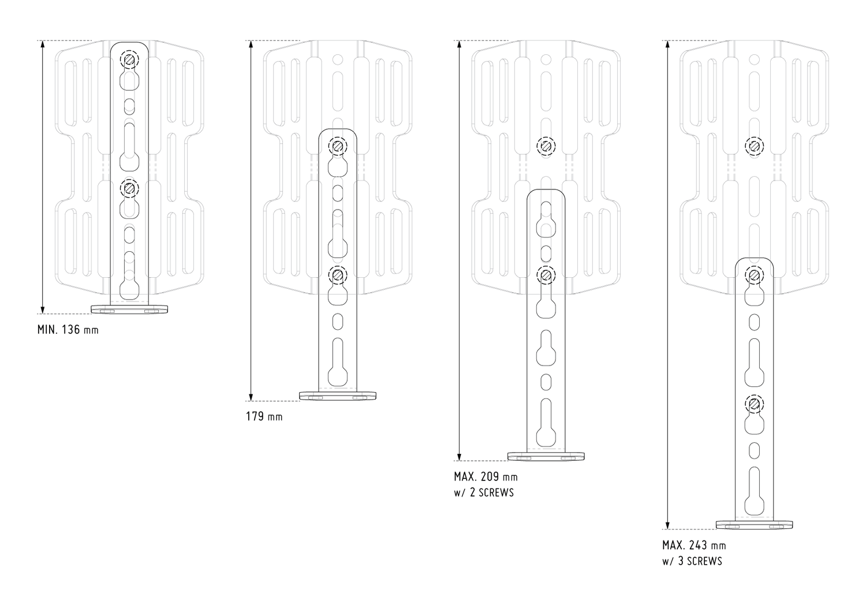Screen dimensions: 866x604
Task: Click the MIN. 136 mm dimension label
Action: pyautogui.click(x=68, y=330)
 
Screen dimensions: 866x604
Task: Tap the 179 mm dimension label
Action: pyautogui.click(x=264, y=416)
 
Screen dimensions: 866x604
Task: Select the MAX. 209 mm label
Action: pyautogui.click(x=486, y=476)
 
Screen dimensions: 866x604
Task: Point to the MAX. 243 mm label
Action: pyautogui.click(x=695, y=545)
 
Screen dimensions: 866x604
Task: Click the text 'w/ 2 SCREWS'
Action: pyautogui.click(x=484, y=493)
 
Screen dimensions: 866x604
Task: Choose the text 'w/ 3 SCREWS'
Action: pyautogui.click(x=692, y=561)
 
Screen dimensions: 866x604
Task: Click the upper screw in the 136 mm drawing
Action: pyautogui.click(x=129, y=59)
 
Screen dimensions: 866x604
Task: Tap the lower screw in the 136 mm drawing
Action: pyautogui.click(x=129, y=188)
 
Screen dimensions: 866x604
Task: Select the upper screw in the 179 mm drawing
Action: pyautogui.click(x=338, y=146)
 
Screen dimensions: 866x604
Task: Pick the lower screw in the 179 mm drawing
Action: pyautogui.click(x=338, y=275)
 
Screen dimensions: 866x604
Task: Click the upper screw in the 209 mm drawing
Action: pyautogui.click(x=546, y=146)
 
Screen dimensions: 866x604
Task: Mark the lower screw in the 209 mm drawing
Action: pyautogui.click(x=546, y=275)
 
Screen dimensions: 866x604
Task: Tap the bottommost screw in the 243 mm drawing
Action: pyautogui.click(x=754, y=404)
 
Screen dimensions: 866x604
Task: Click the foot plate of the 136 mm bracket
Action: pyautogui.click(x=129, y=309)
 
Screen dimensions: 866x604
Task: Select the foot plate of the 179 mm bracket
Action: pyautogui.click(x=338, y=396)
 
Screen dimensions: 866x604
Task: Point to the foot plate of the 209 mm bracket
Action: pyautogui.click(x=546, y=456)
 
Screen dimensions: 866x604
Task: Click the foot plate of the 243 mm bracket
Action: pyautogui.click(x=754, y=525)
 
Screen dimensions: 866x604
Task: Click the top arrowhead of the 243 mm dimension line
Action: pyautogui.click(x=667, y=44)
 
